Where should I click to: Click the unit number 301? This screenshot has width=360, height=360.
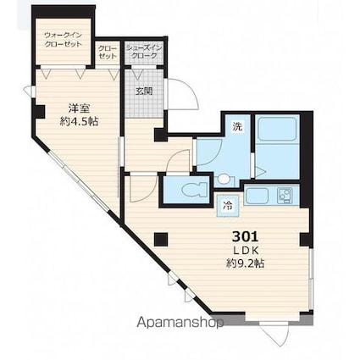tap(245, 236)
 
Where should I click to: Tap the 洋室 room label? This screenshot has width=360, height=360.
tap(80, 108)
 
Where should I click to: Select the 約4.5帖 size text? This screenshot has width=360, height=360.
tap(79, 121)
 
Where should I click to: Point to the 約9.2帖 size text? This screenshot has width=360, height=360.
tap(245, 263)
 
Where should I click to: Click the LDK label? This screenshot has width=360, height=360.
tap(246, 250)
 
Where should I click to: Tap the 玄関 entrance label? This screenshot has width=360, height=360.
tap(144, 91)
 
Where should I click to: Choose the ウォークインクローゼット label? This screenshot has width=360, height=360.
tap(64, 40)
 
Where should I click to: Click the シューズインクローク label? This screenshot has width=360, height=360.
tap(144, 52)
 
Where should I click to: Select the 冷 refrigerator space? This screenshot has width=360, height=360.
tap(228, 206)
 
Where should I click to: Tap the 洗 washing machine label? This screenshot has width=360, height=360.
tap(237, 127)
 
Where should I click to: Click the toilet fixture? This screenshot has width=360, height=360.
tap(195, 190)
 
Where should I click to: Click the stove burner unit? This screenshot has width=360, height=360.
tap(284, 196)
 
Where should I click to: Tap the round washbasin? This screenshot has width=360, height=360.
tap(224, 179)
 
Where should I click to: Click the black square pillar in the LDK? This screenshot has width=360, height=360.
tap(161, 240)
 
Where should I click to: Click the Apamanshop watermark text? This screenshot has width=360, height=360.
tap(180, 323)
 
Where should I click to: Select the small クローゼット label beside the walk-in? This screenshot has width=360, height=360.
tap(108, 52)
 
